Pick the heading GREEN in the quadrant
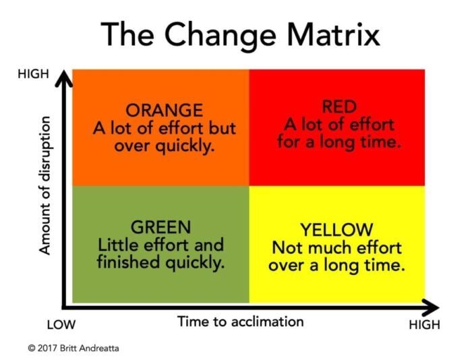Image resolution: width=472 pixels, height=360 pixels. coord(161,227)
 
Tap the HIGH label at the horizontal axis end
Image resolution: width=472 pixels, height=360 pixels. coord(424,325)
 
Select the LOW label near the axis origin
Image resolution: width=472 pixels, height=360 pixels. coord(61,325)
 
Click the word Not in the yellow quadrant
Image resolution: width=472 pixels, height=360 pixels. coord(284,247)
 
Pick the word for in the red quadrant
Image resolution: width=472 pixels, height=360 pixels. coord(289,142)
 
